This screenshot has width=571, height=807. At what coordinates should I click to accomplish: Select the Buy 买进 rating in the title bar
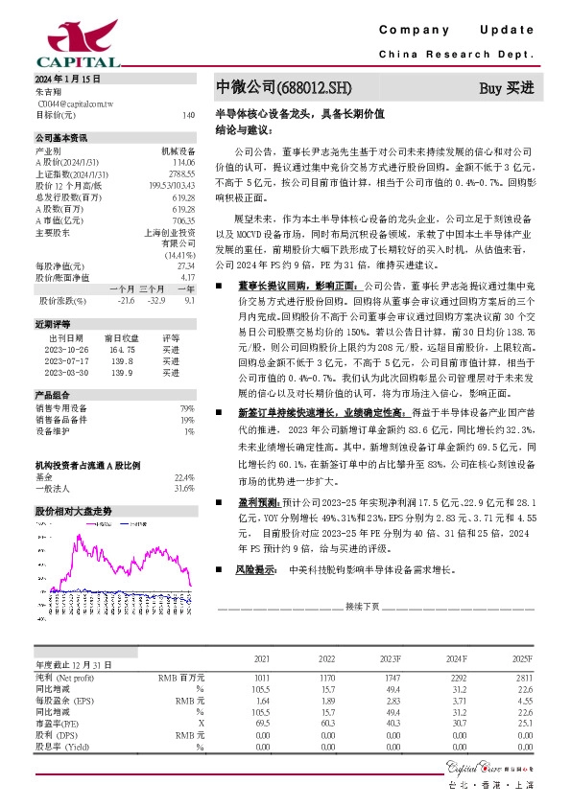click(506, 87)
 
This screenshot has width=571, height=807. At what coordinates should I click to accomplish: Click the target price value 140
click(188, 115)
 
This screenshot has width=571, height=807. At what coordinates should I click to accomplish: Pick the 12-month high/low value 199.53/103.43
click(173, 184)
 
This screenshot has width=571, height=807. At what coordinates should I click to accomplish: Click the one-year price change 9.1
click(189, 300)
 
